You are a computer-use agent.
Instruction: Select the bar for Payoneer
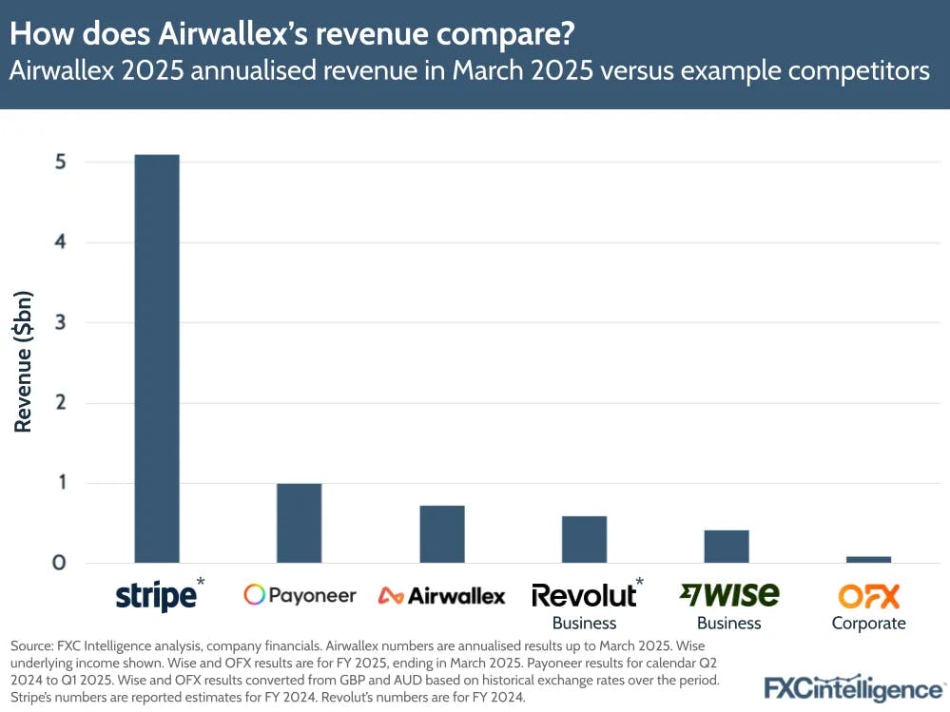pyautogui.click(x=299, y=523)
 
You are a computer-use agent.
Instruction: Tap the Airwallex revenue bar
pyautogui.click(x=441, y=533)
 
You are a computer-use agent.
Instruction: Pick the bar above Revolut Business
pyautogui.click(x=584, y=539)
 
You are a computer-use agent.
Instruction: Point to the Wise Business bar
pyautogui.click(x=727, y=546)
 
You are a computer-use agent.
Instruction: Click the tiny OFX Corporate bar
pyautogui.click(x=868, y=559)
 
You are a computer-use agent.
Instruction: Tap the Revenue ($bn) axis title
pyautogui.click(x=24, y=363)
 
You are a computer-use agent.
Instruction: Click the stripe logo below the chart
pyautogui.click(x=155, y=596)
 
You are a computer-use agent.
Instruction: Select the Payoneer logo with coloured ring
pyautogui.click(x=300, y=595)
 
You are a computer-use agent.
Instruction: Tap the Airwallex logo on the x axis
pyautogui.click(x=441, y=596)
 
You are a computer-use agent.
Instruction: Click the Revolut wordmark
pyautogui.click(x=583, y=595)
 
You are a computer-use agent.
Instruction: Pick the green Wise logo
pyautogui.click(x=729, y=594)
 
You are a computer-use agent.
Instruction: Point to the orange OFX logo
pyautogui.click(x=868, y=596)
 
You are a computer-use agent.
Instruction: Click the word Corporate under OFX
pyautogui.click(x=868, y=624)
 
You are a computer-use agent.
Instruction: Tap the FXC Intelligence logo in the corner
pyautogui.click(x=854, y=688)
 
